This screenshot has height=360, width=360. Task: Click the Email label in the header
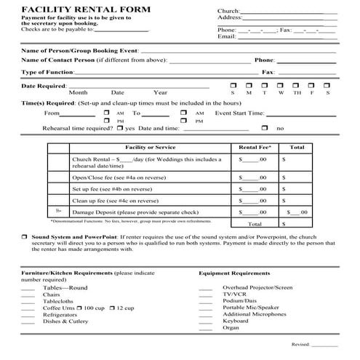tap(227, 36)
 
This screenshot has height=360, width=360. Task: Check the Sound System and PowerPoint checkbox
tap(24, 238)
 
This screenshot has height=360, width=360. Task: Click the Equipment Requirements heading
tap(235, 273)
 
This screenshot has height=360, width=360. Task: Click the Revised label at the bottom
tap(301, 344)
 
